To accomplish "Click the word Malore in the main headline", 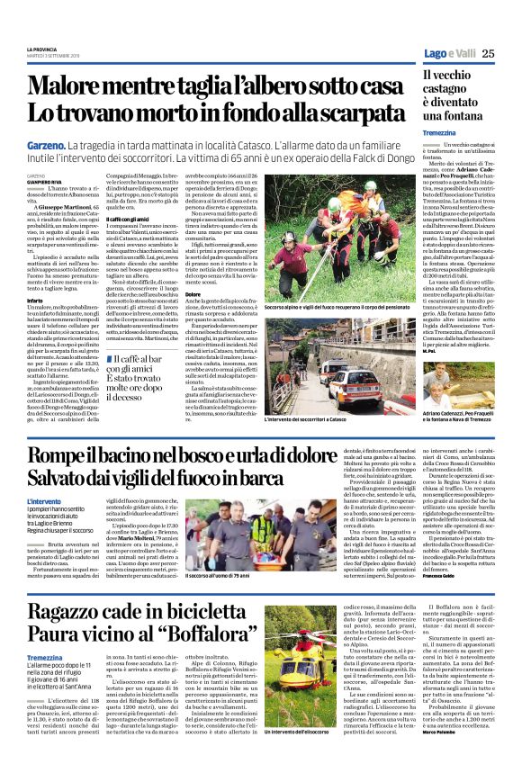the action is pyautogui.click(x=81, y=86).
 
